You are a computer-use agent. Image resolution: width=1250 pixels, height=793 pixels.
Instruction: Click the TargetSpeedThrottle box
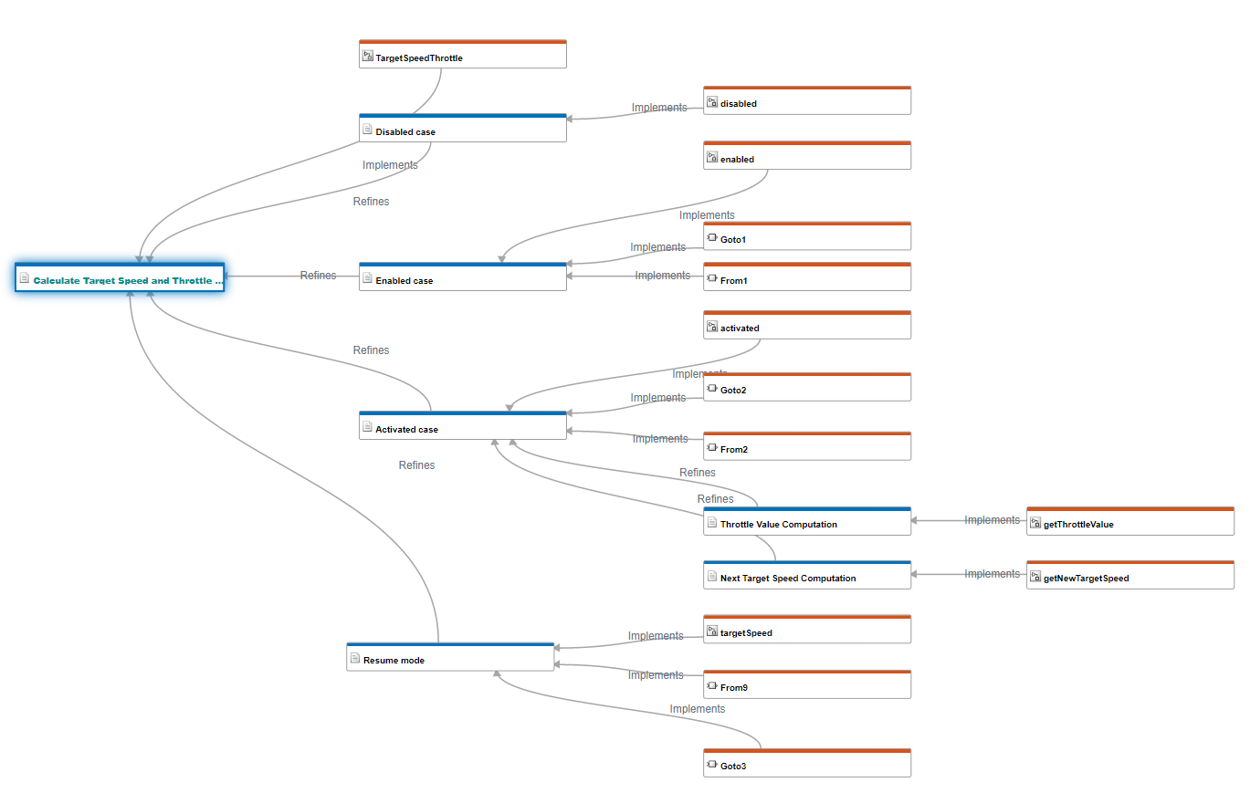[x=462, y=57]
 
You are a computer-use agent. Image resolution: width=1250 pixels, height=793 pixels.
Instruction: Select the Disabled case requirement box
[x=462, y=130]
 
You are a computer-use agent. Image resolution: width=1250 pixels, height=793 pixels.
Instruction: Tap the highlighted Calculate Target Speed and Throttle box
[x=120, y=279]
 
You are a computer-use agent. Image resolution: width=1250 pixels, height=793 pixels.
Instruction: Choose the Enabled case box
[x=462, y=279]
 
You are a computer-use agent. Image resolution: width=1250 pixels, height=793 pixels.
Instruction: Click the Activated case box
[x=462, y=428]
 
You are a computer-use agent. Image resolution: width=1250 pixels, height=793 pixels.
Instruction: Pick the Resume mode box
[x=450, y=659]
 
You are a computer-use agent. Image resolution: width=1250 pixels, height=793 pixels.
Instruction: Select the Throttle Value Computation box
[x=806, y=523]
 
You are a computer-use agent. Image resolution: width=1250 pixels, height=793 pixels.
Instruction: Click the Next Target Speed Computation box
[x=806, y=577]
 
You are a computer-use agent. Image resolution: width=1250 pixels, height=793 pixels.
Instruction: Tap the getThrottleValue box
[x=1129, y=523]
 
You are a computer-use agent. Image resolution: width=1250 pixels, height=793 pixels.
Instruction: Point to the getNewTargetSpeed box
[x=1129, y=577]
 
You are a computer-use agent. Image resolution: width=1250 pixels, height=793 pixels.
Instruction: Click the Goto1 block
[x=806, y=238]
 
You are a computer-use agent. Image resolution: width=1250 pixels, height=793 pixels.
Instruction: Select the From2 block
[x=806, y=448]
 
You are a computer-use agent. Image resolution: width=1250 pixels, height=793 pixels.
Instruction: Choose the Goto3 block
[x=806, y=765]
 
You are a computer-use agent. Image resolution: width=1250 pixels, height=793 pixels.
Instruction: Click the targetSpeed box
[x=806, y=631]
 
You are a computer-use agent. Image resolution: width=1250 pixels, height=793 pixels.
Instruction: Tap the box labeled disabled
[x=806, y=102]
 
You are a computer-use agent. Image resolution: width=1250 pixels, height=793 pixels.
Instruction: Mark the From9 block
[x=806, y=686]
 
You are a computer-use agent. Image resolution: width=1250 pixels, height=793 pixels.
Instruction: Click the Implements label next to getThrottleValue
[x=992, y=520]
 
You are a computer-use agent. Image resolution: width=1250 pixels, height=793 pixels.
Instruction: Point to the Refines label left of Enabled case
[x=318, y=276]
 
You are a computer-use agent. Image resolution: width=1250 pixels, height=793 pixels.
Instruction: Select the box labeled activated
[x=806, y=327]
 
